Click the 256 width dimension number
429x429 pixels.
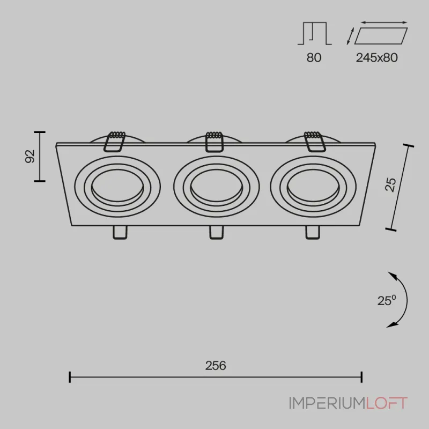[216, 366]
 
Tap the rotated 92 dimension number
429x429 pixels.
[30, 156]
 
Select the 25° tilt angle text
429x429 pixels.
[387, 300]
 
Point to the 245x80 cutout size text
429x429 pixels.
[377, 57]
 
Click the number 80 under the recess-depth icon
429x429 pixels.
[314, 57]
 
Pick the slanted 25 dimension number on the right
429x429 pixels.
[390, 184]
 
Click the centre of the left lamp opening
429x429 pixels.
[117, 186]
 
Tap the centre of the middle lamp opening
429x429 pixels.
[217, 186]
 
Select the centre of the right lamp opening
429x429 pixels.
[313, 186]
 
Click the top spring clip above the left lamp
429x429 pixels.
[115, 142]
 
